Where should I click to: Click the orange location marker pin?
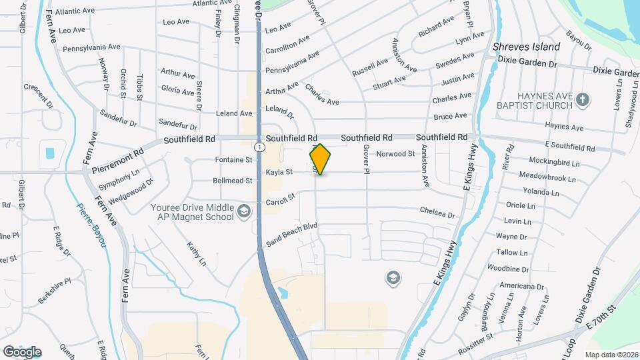[320, 159]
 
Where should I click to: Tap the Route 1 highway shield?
[258, 146]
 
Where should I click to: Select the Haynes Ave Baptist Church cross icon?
[583, 100]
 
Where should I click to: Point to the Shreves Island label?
[526, 47]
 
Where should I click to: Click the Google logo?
[21, 351]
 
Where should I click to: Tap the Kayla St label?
[279, 172]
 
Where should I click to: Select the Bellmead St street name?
[233, 181]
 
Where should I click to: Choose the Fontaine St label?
[234, 160]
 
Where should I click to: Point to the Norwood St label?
[396, 154]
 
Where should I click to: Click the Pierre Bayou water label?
[91, 226]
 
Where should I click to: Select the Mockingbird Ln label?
[551, 161]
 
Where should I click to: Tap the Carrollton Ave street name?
[287, 45]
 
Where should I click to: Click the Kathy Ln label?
[196, 255]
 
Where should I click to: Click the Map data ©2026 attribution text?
[611, 355]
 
